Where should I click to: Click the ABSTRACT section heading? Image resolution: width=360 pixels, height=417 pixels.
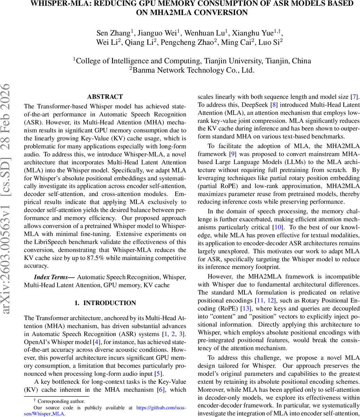(105, 97)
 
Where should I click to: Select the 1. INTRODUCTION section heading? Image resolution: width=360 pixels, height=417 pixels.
(105, 303)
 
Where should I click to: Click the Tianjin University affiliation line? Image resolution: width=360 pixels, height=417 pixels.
(192, 61)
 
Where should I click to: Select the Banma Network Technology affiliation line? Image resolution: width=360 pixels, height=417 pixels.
(192, 70)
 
